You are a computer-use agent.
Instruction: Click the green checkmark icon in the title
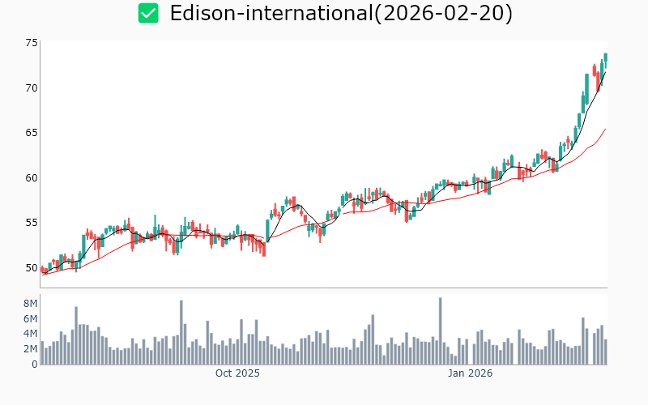[x=148, y=13]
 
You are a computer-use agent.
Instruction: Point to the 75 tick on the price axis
[x=32, y=43]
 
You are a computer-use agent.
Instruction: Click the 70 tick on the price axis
[x=32, y=87]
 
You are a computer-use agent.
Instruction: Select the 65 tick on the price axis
[x=32, y=133]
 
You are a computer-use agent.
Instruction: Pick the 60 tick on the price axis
[x=32, y=177]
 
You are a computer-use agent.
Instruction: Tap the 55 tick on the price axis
[x=32, y=223]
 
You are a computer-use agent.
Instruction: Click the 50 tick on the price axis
[x=32, y=268]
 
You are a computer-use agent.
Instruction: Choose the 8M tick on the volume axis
[x=29, y=304]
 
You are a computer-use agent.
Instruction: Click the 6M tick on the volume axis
[x=29, y=319]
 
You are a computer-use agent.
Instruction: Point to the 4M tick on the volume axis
[x=29, y=334]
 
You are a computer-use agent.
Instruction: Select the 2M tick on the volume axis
[x=29, y=349]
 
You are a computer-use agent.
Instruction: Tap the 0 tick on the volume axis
[x=34, y=364]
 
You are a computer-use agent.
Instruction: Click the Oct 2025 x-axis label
[x=237, y=373]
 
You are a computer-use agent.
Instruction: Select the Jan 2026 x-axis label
[x=471, y=373]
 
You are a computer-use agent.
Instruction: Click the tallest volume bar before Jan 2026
[x=440, y=330]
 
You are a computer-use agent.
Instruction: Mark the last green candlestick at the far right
[x=605, y=58]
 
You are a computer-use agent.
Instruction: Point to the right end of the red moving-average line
[x=605, y=129]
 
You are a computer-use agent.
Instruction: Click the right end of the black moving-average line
[x=605, y=72]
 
